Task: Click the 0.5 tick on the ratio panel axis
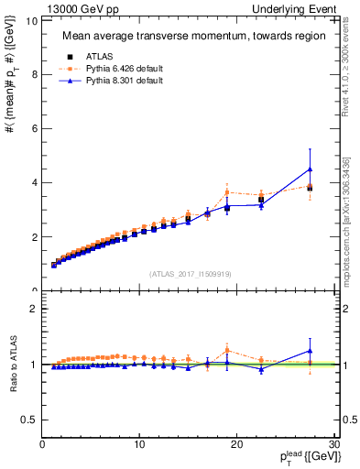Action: (x=28, y=420)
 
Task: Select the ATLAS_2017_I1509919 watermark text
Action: (x=190, y=273)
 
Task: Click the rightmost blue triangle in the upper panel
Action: (x=310, y=169)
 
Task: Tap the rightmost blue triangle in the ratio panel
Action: (x=310, y=351)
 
